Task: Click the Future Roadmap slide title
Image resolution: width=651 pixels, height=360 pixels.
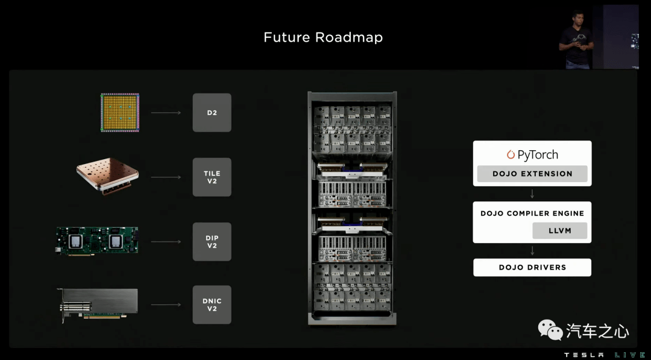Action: (x=323, y=37)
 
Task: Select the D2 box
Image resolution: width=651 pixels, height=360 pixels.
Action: (x=212, y=113)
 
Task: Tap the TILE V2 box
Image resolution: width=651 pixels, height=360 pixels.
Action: (x=212, y=177)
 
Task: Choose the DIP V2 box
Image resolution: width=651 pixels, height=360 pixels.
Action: (x=212, y=242)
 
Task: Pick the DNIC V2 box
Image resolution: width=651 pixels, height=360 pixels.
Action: (x=212, y=305)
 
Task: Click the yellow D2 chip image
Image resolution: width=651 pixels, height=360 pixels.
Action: (x=120, y=113)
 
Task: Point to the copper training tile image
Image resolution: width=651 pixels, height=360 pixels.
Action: (x=107, y=176)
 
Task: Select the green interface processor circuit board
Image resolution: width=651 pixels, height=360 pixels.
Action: (x=96, y=241)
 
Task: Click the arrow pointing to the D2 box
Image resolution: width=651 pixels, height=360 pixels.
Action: (x=166, y=113)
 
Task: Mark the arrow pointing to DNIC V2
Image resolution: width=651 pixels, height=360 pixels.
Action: (x=166, y=305)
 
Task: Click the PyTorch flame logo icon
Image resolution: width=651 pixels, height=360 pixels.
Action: (x=511, y=154)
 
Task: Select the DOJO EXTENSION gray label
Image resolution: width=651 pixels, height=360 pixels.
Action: (x=532, y=174)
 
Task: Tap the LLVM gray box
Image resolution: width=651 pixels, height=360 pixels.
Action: (x=559, y=231)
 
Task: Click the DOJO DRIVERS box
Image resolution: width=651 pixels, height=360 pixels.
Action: (x=532, y=267)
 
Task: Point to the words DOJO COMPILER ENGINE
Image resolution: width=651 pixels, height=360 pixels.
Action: (x=532, y=213)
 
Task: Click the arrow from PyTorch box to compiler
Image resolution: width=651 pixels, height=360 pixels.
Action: (x=532, y=194)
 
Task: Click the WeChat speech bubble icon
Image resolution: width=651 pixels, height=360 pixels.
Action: (x=550, y=330)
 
